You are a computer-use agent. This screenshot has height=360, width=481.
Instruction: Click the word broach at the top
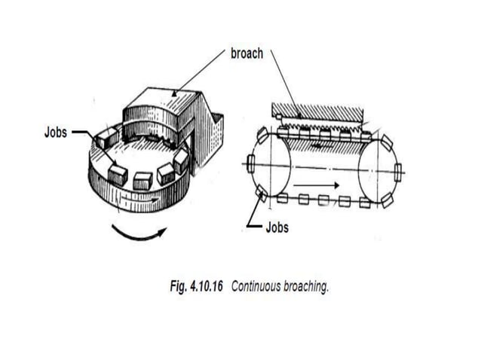pos(247,54)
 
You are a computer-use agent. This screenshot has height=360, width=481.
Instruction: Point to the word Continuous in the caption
pos(257,287)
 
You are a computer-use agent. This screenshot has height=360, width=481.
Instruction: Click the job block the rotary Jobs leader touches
pos(105,137)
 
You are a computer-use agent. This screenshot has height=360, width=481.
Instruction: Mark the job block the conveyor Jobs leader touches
pos(261,195)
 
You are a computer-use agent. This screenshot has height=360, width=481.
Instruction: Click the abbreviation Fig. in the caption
pos(177,287)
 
